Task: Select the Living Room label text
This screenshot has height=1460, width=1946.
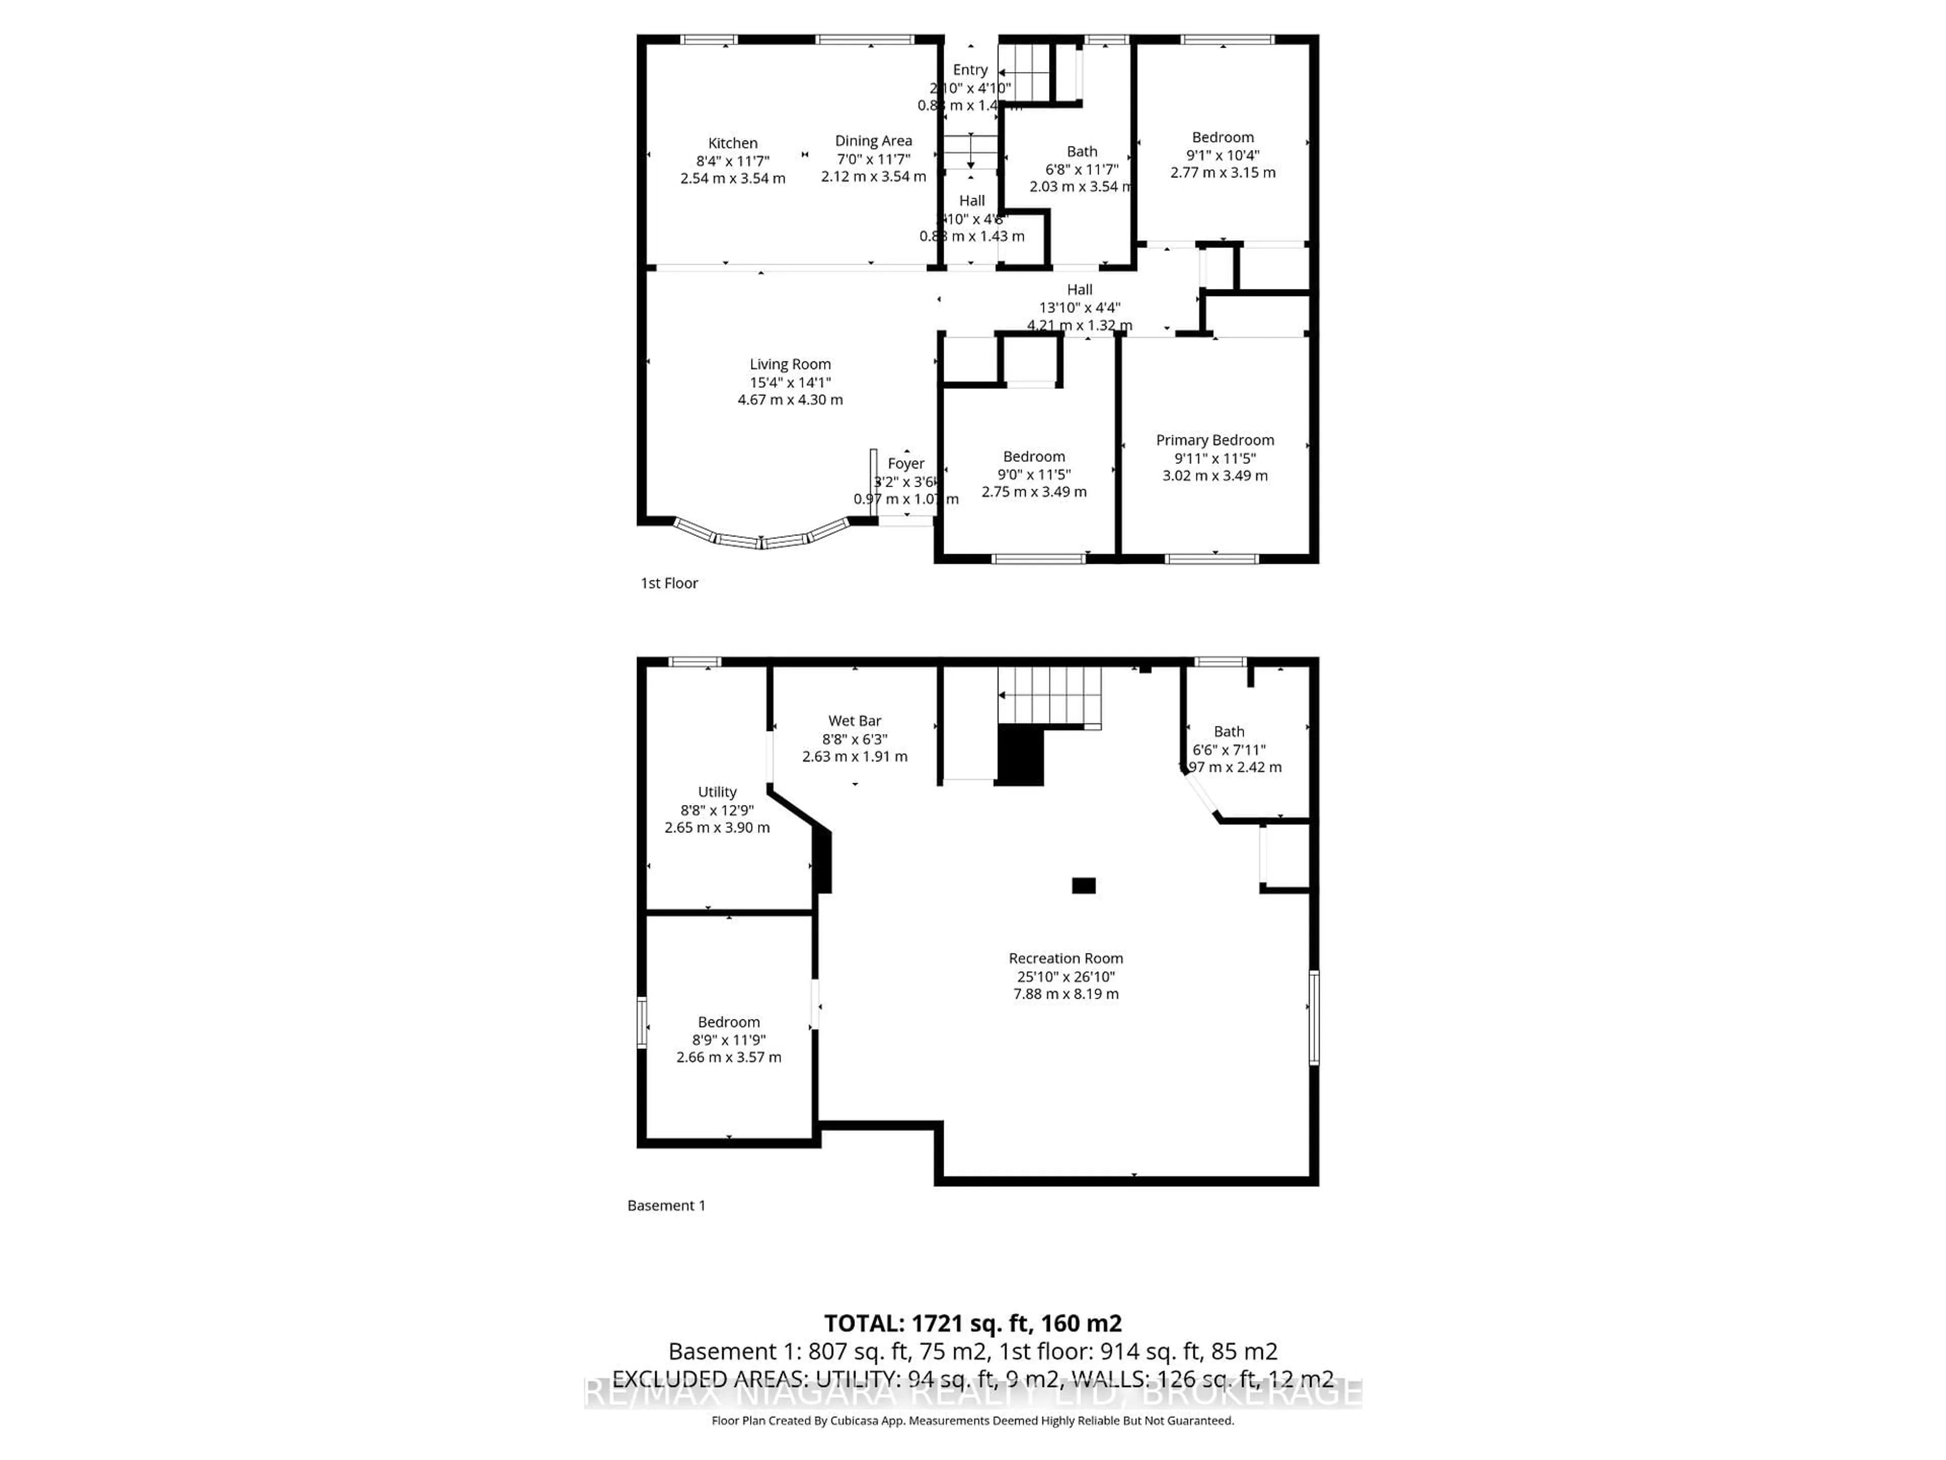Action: (x=790, y=364)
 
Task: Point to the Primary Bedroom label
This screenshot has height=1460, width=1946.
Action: (x=1214, y=440)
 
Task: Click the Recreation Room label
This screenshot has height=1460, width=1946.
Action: (x=1065, y=958)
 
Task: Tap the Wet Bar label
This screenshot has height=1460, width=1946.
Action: (x=854, y=721)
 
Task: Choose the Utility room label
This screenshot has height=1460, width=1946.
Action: (x=717, y=792)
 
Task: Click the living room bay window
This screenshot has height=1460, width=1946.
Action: (x=762, y=538)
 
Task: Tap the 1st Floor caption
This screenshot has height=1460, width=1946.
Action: (x=668, y=583)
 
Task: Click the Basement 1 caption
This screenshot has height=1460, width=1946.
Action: (x=666, y=1206)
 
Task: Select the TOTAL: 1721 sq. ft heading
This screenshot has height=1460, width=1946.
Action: (x=972, y=1324)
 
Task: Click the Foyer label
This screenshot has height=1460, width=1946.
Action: (x=905, y=464)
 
